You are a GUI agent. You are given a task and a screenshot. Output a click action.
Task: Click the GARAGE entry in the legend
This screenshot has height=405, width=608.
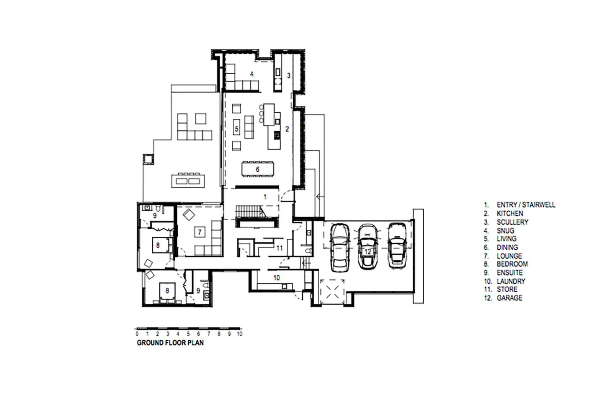click(509, 298)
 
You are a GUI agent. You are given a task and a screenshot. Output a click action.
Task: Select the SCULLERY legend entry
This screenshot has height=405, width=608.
click(512, 222)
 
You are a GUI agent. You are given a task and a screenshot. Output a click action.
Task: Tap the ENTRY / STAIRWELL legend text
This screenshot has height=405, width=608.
click(526, 205)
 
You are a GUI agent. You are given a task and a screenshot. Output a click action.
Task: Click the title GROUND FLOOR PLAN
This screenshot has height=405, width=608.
click(170, 343)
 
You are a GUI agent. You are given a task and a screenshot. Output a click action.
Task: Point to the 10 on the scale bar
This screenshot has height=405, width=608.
click(239, 334)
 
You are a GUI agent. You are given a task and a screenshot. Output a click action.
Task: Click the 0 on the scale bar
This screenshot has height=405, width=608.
click(137, 334)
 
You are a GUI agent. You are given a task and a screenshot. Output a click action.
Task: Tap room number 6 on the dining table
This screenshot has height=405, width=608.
click(257, 169)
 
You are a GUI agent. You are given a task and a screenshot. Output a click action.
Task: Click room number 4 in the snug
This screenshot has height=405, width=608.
click(252, 74)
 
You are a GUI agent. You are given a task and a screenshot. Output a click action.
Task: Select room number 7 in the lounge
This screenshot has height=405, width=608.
click(199, 232)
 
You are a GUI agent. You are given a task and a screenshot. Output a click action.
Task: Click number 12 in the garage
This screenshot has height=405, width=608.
click(367, 252)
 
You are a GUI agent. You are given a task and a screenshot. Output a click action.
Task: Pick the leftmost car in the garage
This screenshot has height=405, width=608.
click(340, 247)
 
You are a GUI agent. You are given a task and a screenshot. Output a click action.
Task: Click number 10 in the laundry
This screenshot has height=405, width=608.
click(276, 277)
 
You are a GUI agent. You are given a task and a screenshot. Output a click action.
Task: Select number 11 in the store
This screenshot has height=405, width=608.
click(279, 248)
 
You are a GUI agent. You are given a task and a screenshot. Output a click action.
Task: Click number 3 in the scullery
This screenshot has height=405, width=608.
click(288, 76)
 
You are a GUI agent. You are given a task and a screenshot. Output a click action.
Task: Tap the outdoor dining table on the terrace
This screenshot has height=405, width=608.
click(188, 181)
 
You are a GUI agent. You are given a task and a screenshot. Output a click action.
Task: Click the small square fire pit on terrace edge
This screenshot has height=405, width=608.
click(148, 159)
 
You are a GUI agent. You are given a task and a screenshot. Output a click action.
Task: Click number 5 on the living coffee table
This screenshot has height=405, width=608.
click(237, 129)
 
